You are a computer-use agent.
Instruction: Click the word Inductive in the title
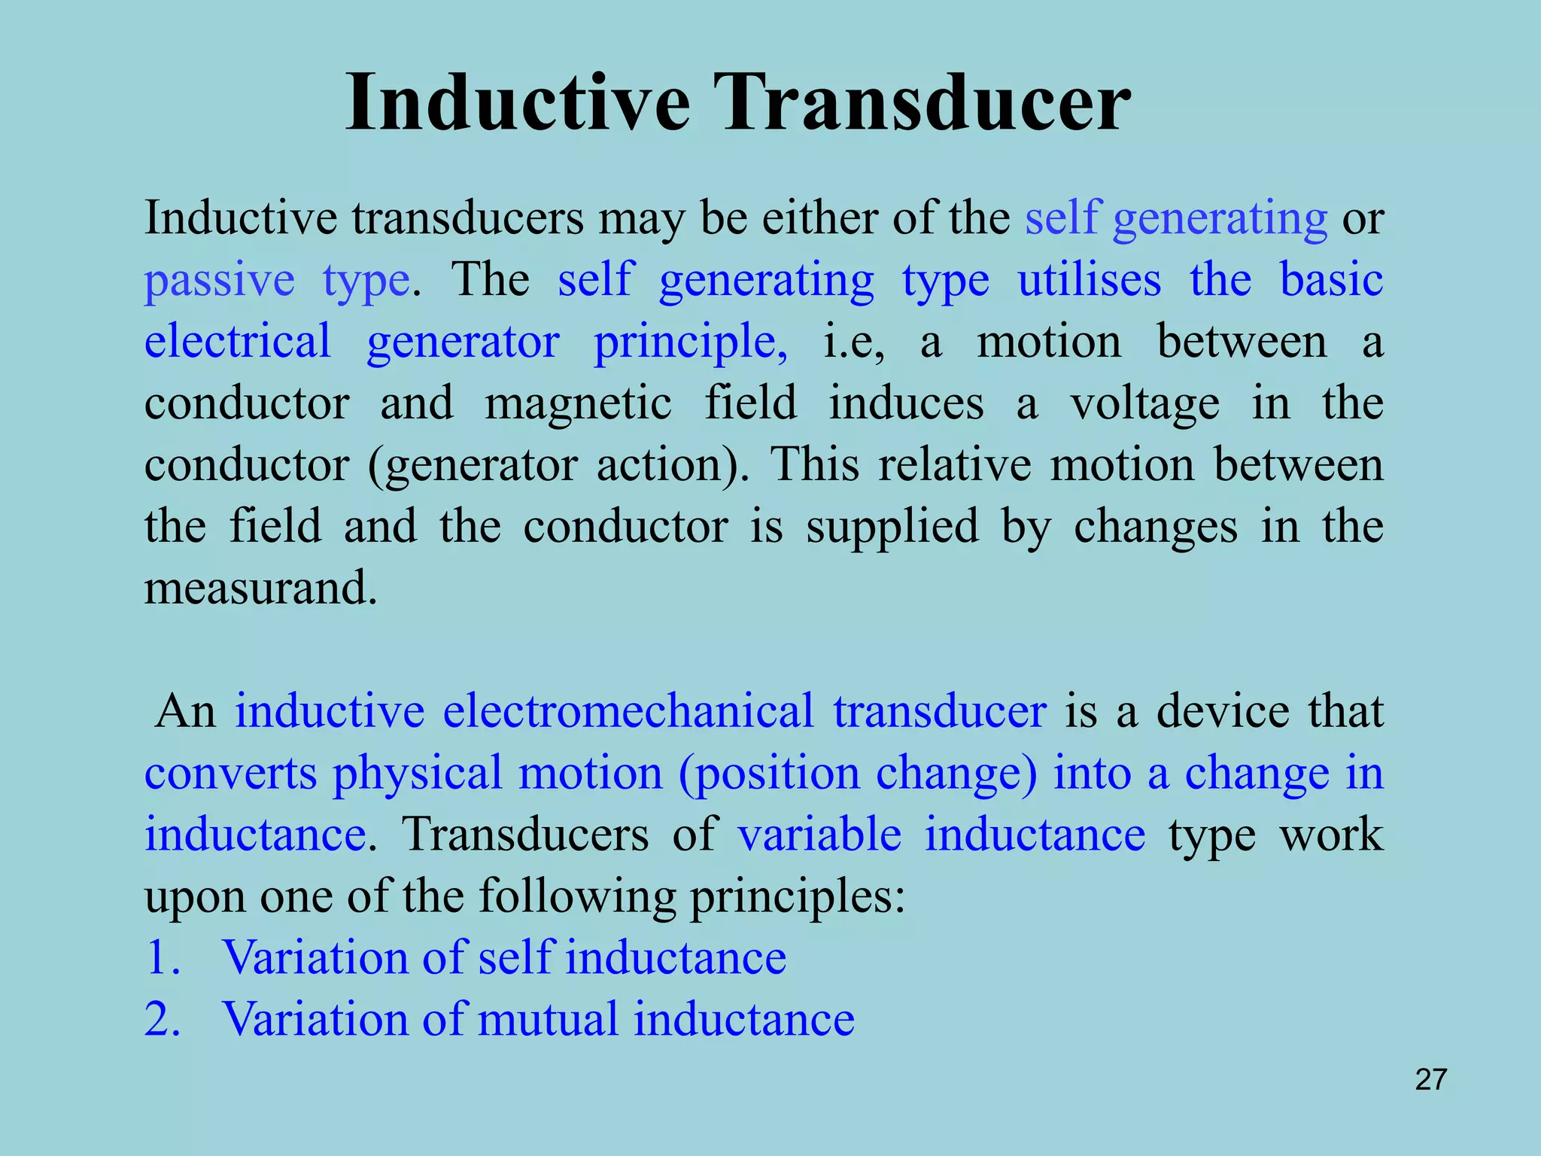pos(518,104)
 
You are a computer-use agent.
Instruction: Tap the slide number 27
pos(1430,1080)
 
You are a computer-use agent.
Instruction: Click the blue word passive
pos(219,281)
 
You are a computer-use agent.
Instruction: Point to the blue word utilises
pos(1089,280)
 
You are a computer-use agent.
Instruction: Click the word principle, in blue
pos(691,343)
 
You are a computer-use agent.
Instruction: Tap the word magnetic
pos(578,403)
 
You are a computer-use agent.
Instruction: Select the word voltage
pos(1144,405)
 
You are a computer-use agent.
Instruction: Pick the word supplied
pos(892,527)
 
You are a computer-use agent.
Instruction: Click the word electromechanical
pos(628,711)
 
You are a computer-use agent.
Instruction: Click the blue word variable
pos(819,835)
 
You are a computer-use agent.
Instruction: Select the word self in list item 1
pos(516,958)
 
